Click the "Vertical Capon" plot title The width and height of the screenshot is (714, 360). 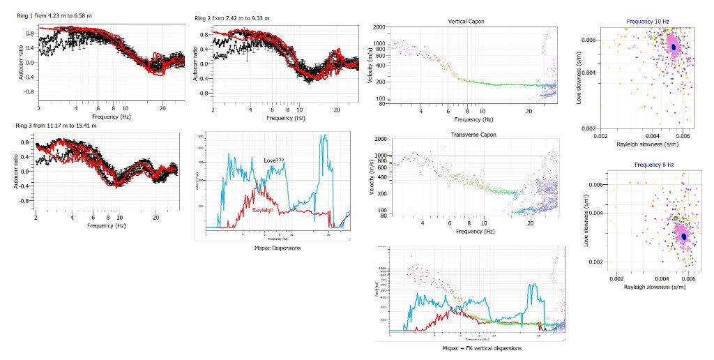pyautogui.click(x=466, y=21)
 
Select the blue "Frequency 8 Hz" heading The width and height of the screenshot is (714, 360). pyautogui.click(x=641, y=165)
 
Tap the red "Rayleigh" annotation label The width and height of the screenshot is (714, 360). pyautogui.click(x=261, y=190)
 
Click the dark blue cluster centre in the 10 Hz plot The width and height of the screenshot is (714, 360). pyautogui.click(x=674, y=47)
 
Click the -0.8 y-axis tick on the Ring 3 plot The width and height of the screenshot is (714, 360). pyautogui.click(x=25, y=200)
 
